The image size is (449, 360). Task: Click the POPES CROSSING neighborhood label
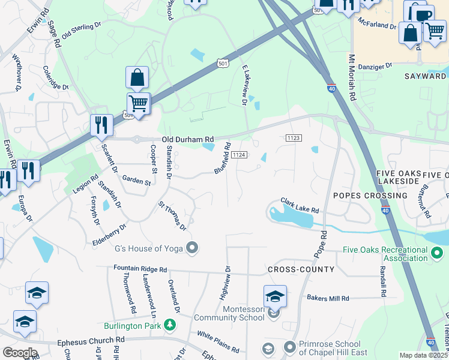(x=370, y=196)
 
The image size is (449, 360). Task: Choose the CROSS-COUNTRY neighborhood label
(x=301, y=269)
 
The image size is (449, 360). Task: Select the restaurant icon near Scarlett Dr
(x=101, y=125)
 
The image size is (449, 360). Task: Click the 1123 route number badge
(x=293, y=138)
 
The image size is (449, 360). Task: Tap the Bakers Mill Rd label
(x=327, y=298)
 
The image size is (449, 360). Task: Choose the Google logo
(x=20, y=353)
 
